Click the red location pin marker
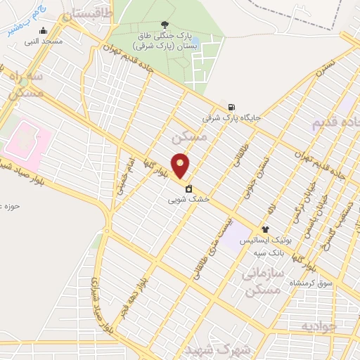coord(181,166)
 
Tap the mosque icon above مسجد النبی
coord(44,30)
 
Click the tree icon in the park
coord(165,25)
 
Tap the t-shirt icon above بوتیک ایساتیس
coord(265,229)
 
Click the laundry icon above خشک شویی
coord(189,188)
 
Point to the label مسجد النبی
coord(44,41)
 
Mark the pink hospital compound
coord(25,139)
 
